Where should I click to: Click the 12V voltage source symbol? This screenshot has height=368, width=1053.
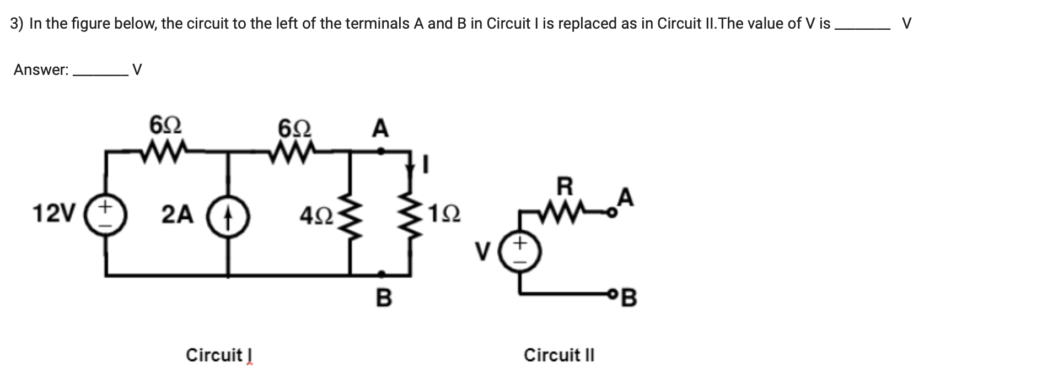click(106, 214)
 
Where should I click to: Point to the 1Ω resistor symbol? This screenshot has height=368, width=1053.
click(410, 214)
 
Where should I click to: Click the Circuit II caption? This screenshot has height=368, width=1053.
click(559, 355)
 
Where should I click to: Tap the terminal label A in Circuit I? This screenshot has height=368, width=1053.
click(380, 129)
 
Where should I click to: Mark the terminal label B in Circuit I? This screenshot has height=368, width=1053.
click(384, 298)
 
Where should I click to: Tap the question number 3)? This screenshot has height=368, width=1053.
click(17, 24)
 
